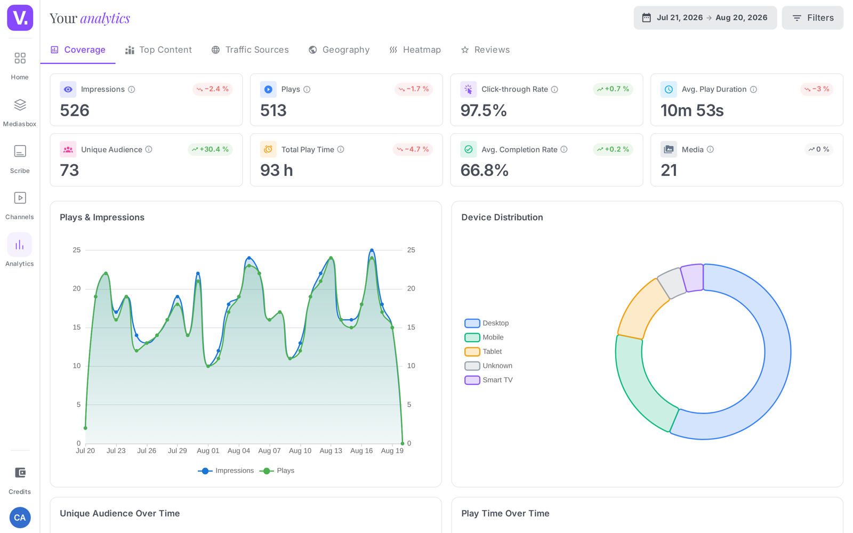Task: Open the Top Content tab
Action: pos(158,50)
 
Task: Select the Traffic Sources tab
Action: pos(250,50)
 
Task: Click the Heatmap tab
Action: pos(415,50)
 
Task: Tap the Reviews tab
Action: pos(485,50)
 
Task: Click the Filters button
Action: pos(812,18)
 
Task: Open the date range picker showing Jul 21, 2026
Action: pos(705,18)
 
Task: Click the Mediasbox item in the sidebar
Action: pos(20,112)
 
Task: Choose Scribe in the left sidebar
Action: pos(20,159)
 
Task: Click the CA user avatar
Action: pos(20,518)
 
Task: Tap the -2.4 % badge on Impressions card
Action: pos(213,89)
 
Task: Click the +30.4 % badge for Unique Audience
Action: pos(210,149)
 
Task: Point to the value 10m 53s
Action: pos(692,110)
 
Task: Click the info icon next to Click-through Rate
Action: pos(554,90)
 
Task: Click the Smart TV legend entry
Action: pos(488,380)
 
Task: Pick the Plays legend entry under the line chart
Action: pos(277,471)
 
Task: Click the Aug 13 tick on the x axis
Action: pos(331,451)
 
